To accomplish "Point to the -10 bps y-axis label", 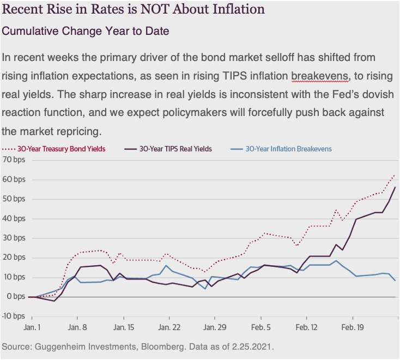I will click(13, 316).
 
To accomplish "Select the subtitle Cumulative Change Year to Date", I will click(86, 31).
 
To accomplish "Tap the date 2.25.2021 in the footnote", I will click(250, 347).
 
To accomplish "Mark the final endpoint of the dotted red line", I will click(395, 175).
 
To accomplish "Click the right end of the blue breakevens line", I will click(395, 280).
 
